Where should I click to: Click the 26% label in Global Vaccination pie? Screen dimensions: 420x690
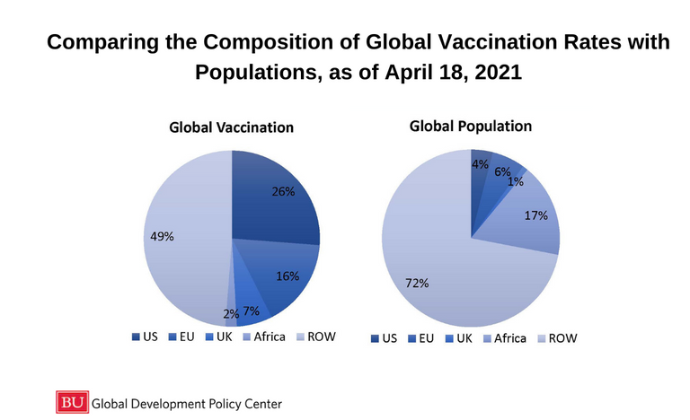tap(284, 191)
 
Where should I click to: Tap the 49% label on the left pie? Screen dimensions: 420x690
tap(162, 237)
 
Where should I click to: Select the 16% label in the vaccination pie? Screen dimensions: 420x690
tap(287, 276)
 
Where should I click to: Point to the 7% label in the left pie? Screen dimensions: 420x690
tap(251, 311)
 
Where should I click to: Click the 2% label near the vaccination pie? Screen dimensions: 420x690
tap(231, 314)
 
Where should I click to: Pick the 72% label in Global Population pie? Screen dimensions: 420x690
tap(417, 284)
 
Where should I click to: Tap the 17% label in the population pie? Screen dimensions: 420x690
tap(536, 215)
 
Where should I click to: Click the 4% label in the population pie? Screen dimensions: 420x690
tap(480, 164)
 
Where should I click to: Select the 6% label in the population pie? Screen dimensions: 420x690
tap(502, 171)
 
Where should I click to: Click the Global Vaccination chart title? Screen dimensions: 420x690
tap(232, 127)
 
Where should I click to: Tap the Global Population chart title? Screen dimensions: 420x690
tap(470, 127)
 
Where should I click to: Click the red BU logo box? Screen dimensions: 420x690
tap(72, 401)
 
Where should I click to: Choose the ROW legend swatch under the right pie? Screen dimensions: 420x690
tap(542, 338)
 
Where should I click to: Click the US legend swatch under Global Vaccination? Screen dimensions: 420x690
tap(136, 337)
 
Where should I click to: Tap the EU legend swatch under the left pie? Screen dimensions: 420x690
tap(172, 337)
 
